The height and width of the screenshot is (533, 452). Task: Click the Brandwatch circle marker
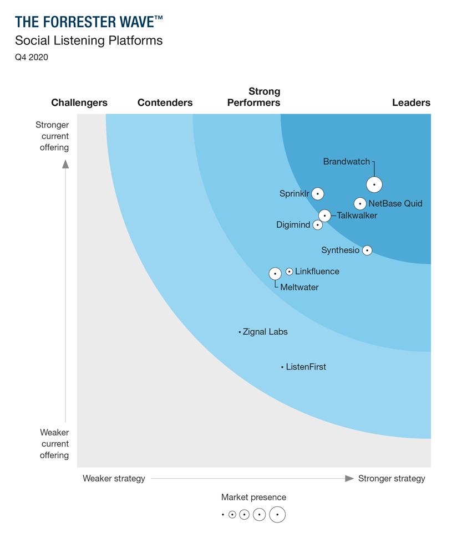[x=374, y=184]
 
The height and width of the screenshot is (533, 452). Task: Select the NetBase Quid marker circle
[x=360, y=204]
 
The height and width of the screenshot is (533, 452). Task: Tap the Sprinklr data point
[x=317, y=194]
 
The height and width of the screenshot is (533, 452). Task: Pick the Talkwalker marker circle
[x=324, y=216]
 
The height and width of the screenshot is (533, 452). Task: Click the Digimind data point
[x=317, y=225]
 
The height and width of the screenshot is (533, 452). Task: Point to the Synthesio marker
[x=367, y=250]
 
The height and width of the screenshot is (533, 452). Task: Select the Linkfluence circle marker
[x=289, y=271]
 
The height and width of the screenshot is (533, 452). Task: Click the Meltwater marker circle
[x=275, y=274]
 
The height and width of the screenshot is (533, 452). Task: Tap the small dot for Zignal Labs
[x=240, y=332]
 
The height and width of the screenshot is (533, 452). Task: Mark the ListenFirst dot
[x=282, y=367]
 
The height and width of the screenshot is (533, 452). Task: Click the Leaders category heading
[x=411, y=102]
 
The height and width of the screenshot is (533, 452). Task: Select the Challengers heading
[x=79, y=102]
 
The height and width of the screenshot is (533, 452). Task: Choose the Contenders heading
[x=165, y=102]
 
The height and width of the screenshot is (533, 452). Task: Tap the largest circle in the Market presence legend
[x=277, y=515]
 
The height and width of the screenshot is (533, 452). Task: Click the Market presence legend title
[x=253, y=497]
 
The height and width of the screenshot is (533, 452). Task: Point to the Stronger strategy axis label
[x=392, y=478]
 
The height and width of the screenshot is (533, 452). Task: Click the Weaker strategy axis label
[x=114, y=478]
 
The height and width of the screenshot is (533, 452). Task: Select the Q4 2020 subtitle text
[x=32, y=57]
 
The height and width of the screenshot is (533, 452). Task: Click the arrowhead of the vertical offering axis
[x=65, y=163]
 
